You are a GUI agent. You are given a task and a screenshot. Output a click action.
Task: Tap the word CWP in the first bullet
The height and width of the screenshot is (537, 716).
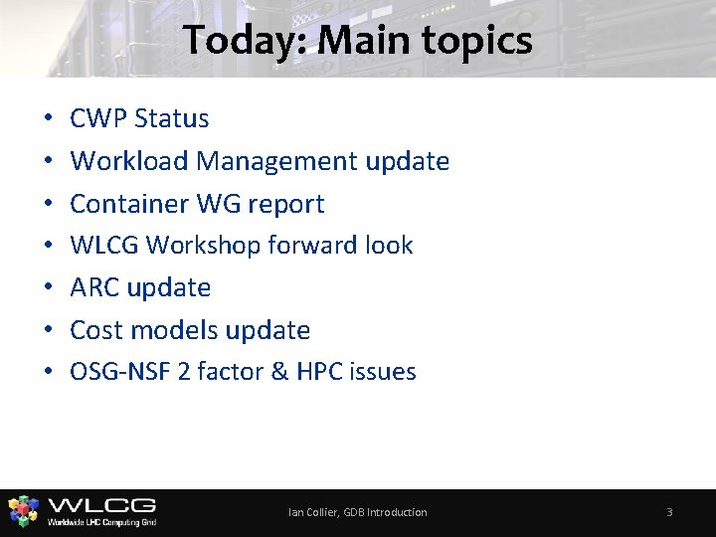[x=98, y=118]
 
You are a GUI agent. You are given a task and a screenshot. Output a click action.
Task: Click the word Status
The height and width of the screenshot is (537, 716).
[x=171, y=118]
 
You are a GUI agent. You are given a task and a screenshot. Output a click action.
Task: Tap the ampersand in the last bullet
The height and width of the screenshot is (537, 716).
[x=277, y=372]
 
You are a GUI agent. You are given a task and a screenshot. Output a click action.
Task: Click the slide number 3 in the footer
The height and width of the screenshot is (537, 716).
[x=669, y=512]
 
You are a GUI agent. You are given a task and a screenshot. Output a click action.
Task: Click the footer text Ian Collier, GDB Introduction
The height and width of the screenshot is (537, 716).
[x=358, y=512]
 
